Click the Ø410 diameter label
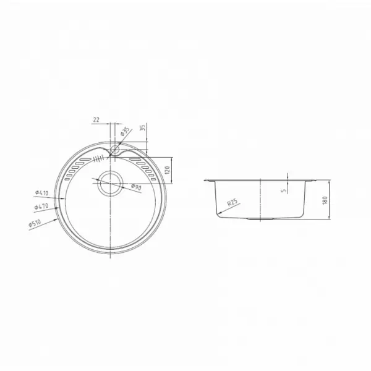coord(42,193)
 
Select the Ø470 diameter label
coord(41,207)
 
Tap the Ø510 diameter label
coord(35,223)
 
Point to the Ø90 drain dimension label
coord(136,187)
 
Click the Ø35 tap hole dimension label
coord(125,131)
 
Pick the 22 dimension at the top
coord(96,120)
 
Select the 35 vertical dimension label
coord(142,128)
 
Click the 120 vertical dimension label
coord(167,171)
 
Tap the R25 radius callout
coord(232,202)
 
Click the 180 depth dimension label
coord(325,200)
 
